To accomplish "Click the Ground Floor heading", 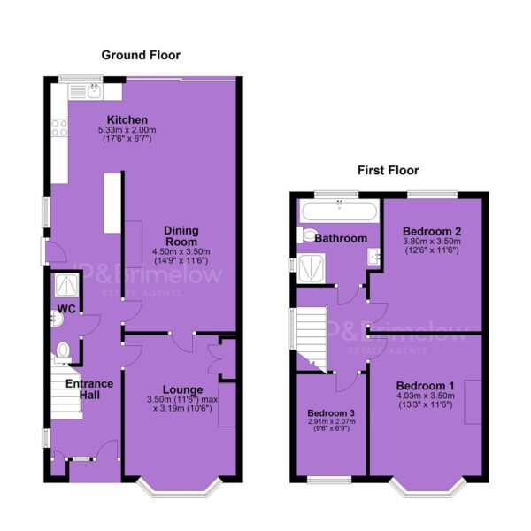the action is [141, 55].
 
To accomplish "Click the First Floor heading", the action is [389, 170].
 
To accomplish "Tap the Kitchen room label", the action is [127, 119].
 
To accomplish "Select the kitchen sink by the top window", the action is [85, 91].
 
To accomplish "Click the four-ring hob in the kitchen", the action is [59, 127].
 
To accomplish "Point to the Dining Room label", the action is [181, 236].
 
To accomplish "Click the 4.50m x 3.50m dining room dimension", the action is [181, 252].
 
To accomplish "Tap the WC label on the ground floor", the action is [66, 309].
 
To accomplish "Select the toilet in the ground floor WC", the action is [63, 352].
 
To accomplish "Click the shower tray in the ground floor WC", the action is [66, 286].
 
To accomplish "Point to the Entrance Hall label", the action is [89, 389].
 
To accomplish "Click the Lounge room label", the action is [183, 389].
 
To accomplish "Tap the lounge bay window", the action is [180, 489].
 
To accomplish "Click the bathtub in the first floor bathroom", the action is [339, 211].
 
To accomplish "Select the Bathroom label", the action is [341, 238].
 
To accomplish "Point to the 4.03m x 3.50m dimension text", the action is [426, 396].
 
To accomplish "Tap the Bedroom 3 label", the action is [331, 413].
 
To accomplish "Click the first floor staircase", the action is [312, 339].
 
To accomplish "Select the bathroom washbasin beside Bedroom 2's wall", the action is [373, 257].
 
